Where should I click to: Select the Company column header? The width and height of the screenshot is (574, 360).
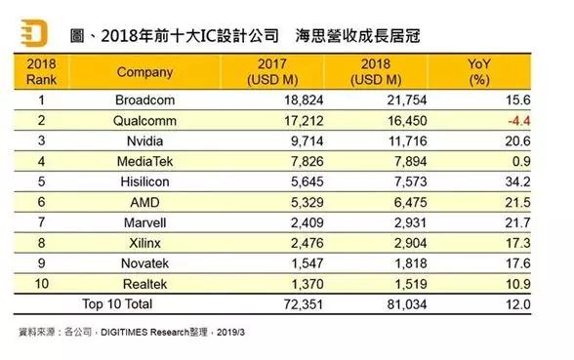(x=144, y=72)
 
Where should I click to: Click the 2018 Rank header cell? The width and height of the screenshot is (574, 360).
(x=42, y=72)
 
